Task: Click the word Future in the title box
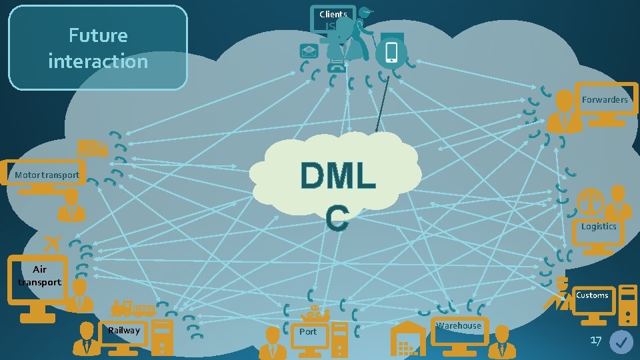[97, 35]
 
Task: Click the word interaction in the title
[97, 61]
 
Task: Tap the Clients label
[333, 14]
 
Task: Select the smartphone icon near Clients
[391, 53]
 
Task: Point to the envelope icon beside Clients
[309, 51]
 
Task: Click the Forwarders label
[604, 99]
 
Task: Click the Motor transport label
[47, 175]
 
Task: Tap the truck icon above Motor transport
[92, 148]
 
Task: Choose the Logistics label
[598, 227]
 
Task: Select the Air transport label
[39, 276]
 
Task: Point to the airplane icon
[51, 241]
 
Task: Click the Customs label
[592, 295]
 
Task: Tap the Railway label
[124, 331]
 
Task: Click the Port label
[308, 331]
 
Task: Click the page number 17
[595, 341]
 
